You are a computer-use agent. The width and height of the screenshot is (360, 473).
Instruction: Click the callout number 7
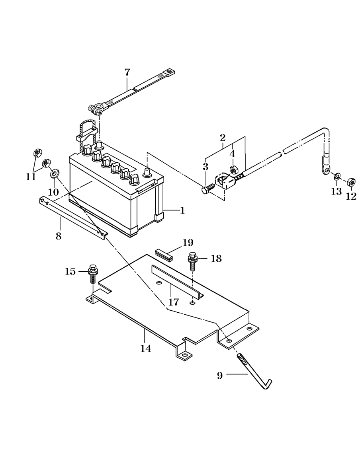pos(127,72)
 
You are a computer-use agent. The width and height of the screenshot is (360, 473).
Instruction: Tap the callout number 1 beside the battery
pos(182,210)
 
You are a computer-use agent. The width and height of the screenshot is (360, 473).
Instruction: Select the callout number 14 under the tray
pos(146,348)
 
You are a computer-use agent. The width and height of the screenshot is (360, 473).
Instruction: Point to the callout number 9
pos(220,375)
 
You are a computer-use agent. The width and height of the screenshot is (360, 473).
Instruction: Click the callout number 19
pos(188,243)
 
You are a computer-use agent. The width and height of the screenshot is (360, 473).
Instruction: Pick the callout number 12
pos(351,196)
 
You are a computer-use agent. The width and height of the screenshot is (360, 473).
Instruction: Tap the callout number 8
pos(59,236)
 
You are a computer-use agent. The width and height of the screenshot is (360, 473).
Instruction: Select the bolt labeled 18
pos(192,261)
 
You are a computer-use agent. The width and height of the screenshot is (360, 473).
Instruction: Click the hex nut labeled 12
pos(352,182)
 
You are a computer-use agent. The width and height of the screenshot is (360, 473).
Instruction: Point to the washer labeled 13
pos(337,175)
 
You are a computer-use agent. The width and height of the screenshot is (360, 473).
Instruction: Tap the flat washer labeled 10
pos(55,173)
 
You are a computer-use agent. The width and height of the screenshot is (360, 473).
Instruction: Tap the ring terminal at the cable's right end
pos(325,170)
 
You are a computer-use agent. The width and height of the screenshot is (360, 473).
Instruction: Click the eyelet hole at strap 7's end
pos(170,72)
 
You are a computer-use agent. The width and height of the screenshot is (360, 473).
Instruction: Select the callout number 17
pos(173,302)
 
